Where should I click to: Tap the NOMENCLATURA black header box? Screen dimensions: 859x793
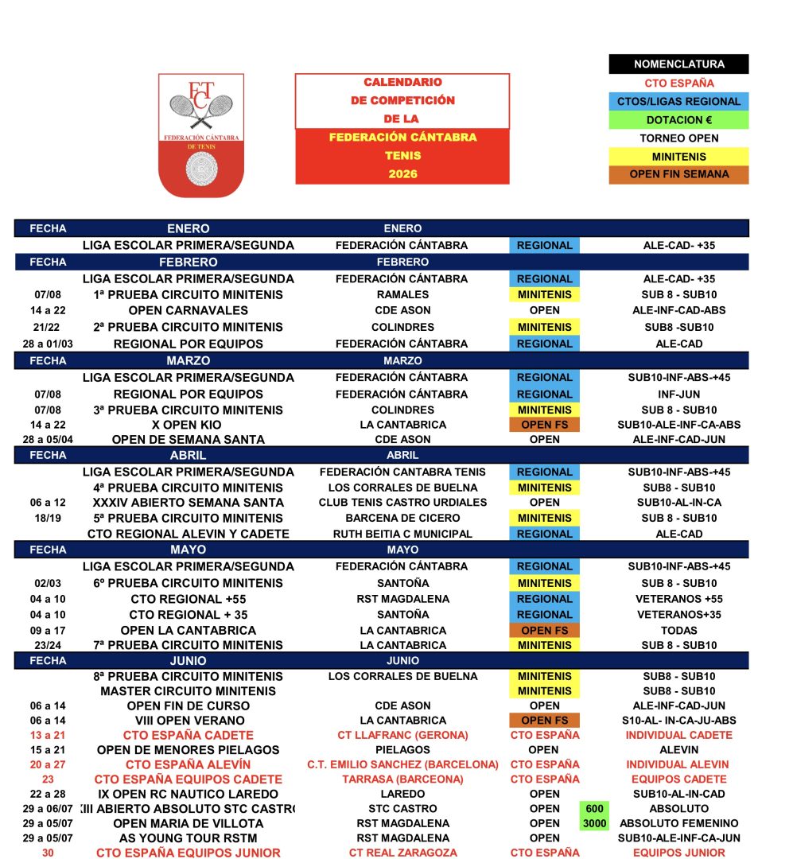678,64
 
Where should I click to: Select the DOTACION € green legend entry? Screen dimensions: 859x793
678,120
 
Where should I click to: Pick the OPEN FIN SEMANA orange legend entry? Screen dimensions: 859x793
678,175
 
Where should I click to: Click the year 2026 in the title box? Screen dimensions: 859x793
402,174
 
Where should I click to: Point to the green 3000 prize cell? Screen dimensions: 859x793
594,823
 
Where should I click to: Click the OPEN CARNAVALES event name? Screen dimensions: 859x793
189,310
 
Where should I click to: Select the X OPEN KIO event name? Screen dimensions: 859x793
189,425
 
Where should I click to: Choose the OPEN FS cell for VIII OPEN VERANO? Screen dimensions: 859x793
544,721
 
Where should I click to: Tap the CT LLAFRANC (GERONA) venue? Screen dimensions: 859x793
402,736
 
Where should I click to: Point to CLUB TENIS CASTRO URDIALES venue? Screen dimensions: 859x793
402,503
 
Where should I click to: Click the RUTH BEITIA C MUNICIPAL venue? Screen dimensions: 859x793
402,534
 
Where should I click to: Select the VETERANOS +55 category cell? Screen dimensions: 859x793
679,599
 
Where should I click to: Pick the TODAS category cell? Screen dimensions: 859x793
679,631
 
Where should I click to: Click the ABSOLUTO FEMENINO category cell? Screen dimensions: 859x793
679,823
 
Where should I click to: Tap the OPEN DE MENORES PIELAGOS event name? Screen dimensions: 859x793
189,750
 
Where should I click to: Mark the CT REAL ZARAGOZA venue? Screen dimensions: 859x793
402,853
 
